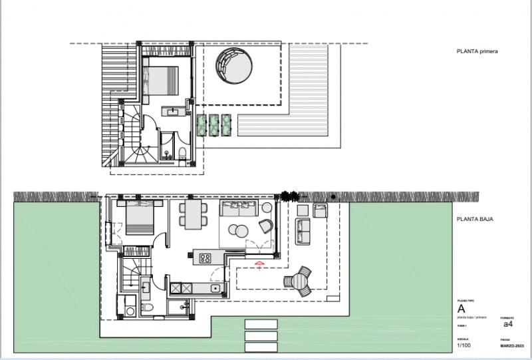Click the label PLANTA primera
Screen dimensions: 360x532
(x=477, y=51)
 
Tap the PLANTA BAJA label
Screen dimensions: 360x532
(x=473, y=218)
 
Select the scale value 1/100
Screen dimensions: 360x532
(x=464, y=345)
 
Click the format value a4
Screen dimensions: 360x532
(x=507, y=325)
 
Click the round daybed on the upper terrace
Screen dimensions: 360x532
(x=233, y=68)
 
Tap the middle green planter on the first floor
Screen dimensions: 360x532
(x=214, y=124)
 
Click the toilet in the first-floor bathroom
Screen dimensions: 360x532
(x=183, y=155)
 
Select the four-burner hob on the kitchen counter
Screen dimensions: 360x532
(x=205, y=257)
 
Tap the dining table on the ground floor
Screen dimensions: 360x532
(x=190, y=215)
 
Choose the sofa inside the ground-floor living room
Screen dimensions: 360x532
(x=237, y=208)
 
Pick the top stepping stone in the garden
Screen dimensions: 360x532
(x=261, y=324)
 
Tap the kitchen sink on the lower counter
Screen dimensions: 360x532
(x=215, y=288)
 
